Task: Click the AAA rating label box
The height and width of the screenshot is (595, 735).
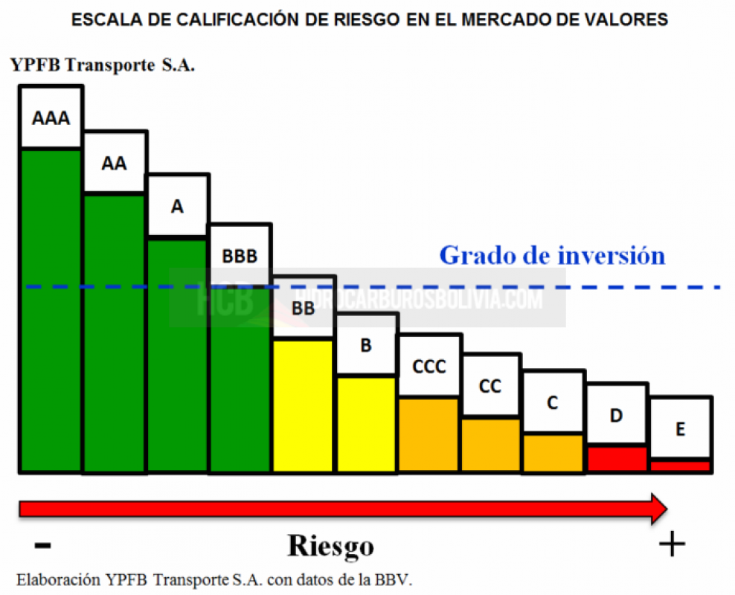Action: tap(51, 118)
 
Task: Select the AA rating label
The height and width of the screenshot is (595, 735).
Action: tap(114, 163)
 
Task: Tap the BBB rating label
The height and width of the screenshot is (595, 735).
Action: tap(240, 256)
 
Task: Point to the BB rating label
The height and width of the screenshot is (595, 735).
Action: tap(303, 307)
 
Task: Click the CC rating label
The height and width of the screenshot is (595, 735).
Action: tap(490, 387)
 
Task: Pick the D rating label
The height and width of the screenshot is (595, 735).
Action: tap(616, 416)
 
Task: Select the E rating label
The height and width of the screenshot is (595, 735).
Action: tap(681, 428)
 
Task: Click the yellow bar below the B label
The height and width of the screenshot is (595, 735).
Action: tap(366, 424)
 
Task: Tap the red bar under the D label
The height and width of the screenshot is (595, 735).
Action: tap(617, 459)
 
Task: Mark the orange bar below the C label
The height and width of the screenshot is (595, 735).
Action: tap(553, 453)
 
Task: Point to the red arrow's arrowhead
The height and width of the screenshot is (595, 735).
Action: tap(658, 508)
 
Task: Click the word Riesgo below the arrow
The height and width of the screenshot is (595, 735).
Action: tap(331, 547)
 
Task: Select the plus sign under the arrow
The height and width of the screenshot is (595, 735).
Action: tap(672, 545)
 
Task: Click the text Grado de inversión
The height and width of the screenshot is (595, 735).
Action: tap(551, 255)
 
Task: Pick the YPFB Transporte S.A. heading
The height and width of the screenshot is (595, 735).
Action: tap(103, 65)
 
